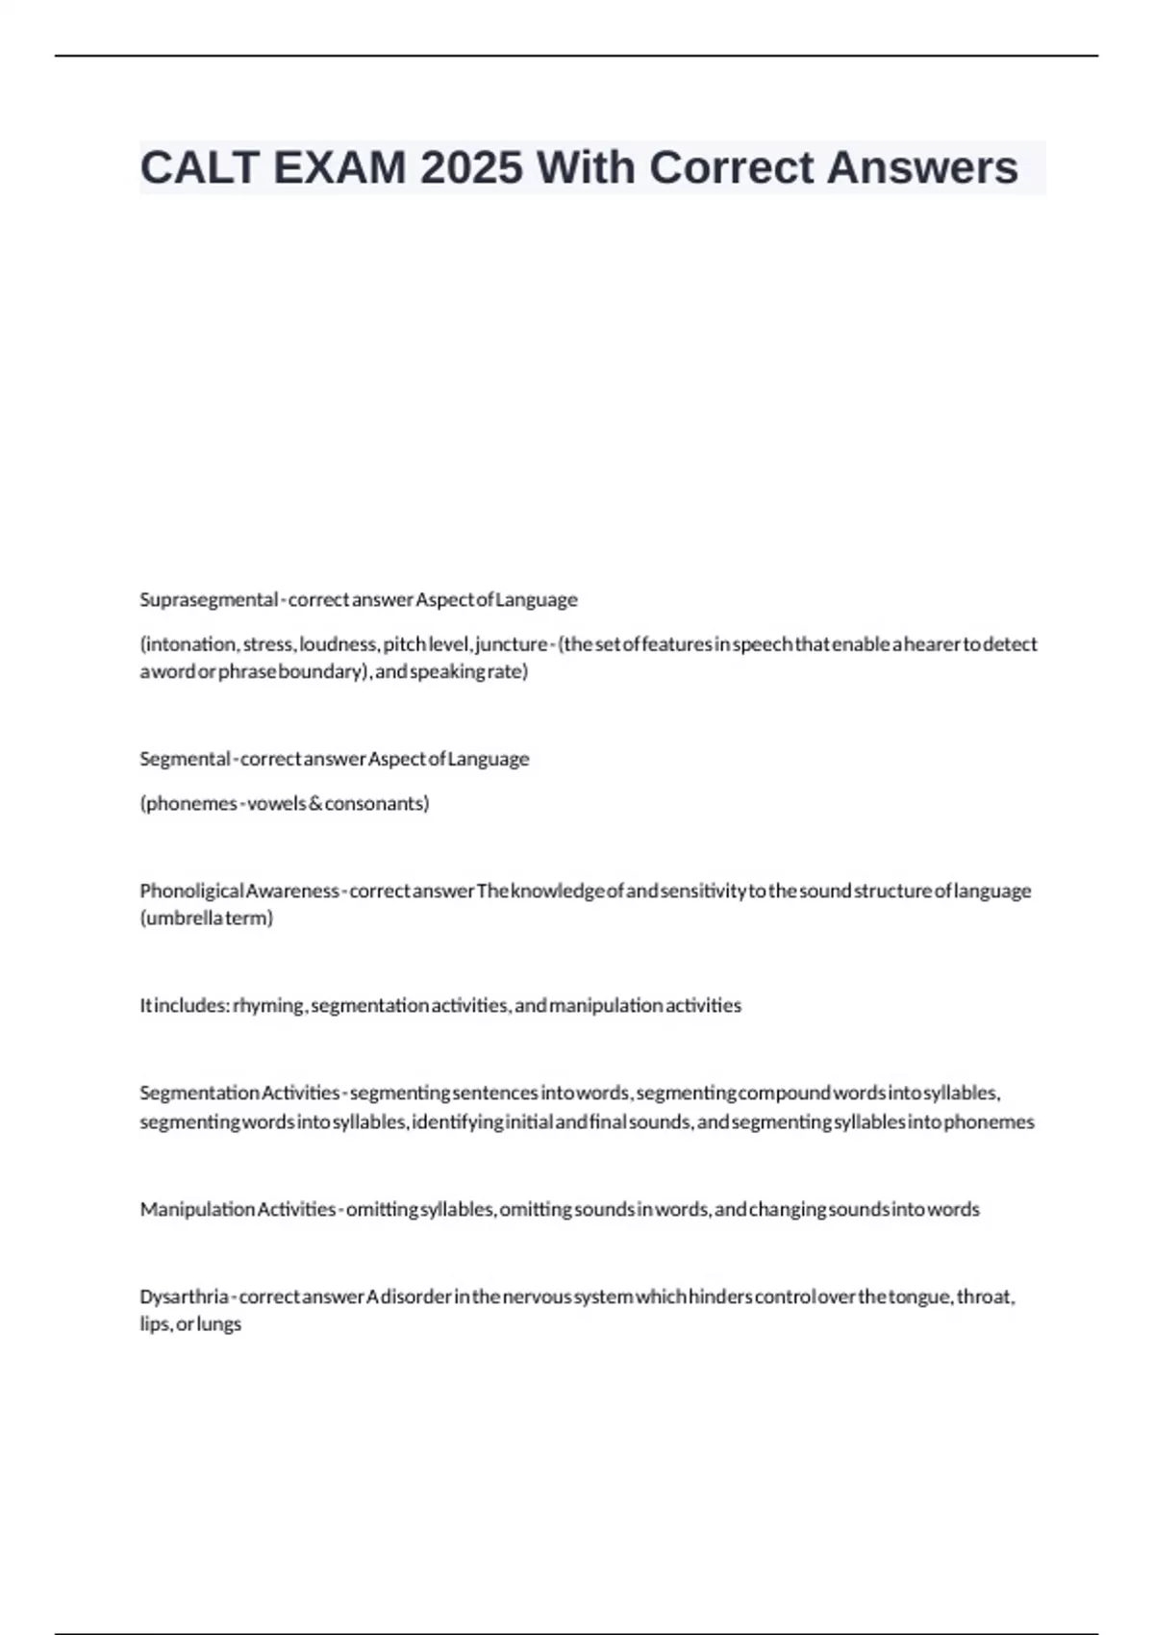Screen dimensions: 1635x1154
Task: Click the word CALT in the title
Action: (200, 168)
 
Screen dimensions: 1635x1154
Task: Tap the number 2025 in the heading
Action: (471, 168)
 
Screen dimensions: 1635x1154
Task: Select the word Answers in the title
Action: (921, 168)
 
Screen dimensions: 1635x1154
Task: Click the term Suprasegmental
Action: (208, 600)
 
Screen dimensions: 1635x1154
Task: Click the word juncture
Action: (511, 644)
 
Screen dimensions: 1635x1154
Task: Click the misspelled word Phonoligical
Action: (191, 892)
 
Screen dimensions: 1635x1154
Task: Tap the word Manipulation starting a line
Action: (197, 1210)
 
